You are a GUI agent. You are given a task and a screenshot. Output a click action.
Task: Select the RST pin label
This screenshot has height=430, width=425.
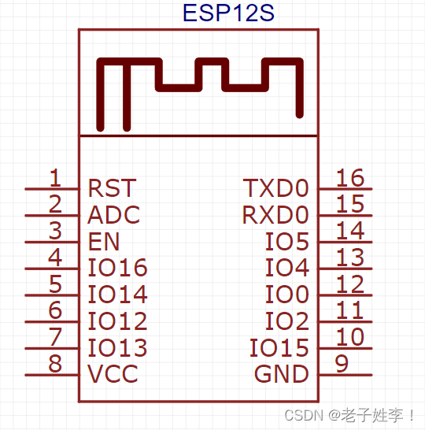(111, 188)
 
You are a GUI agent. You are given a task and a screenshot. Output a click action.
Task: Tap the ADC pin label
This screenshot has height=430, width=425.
(113, 215)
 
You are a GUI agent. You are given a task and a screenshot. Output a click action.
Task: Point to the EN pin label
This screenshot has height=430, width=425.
(104, 241)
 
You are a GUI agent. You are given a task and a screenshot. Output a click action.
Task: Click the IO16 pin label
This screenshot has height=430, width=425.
(117, 268)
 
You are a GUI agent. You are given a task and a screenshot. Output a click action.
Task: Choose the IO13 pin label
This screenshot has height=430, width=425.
(117, 347)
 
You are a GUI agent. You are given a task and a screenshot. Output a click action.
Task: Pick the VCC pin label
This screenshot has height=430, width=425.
(113, 373)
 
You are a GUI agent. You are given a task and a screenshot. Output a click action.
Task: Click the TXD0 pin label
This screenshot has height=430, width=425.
(275, 188)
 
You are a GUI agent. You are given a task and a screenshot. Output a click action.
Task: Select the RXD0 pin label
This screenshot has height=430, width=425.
(275, 215)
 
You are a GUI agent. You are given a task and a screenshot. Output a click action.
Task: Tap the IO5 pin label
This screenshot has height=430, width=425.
(286, 241)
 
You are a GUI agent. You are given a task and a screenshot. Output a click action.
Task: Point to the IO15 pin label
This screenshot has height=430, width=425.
(279, 347)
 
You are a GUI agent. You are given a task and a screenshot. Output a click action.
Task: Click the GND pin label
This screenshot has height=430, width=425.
(281, 373)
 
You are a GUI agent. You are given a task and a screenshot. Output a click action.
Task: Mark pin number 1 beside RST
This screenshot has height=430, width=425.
(54, 177)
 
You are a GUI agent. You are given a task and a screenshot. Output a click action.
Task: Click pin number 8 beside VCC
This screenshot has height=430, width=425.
(54, 363)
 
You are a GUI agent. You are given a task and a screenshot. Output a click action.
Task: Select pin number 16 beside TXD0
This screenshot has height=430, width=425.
(350, 177)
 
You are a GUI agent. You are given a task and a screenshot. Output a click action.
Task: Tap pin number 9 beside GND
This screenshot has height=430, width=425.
(342, 363)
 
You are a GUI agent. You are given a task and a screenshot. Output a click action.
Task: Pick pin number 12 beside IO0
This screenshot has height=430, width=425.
(350, 284)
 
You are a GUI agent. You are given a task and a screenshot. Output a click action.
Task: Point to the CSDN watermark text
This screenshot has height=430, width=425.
(349, 415)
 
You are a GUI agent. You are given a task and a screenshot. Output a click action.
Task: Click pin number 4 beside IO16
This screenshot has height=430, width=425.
(54, 257)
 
